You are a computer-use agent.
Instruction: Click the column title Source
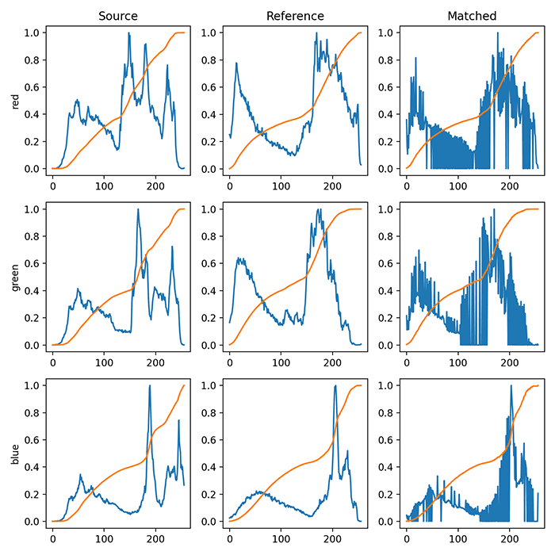tap(118, 15)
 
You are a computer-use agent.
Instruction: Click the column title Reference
tap(295, 15)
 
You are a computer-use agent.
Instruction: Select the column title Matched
tap(472, 15)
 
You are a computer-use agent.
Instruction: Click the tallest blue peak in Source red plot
tap(128, 33)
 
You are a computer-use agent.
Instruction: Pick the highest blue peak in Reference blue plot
tap(335, 386)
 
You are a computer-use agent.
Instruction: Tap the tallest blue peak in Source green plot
tap(139, 210)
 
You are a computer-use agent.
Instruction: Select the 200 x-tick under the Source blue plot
tap(155, 534)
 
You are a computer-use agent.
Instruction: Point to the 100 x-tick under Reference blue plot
tap(281, 534)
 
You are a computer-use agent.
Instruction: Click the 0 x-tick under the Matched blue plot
tap(406, 534)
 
